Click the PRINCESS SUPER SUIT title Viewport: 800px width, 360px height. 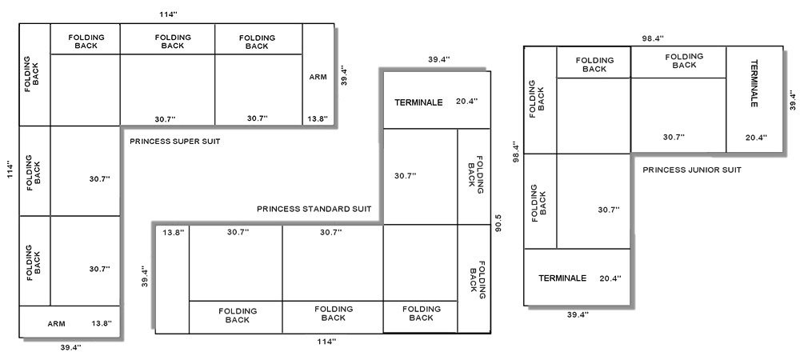175,142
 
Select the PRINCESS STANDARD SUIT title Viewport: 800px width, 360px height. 314,209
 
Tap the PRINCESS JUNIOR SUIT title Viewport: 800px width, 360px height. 692,170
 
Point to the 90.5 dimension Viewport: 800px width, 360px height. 498,223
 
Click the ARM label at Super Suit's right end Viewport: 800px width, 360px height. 318,77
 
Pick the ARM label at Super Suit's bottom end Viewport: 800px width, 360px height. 56,323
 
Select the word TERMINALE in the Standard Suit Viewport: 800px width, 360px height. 418,102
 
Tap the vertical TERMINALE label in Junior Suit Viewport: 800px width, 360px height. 754,83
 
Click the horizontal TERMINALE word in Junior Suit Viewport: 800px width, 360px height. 562,278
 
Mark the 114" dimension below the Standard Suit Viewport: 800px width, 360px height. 326,341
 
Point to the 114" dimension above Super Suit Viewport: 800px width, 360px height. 168,14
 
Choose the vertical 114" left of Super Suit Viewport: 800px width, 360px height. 10,170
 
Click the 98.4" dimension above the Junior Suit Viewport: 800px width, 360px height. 653,38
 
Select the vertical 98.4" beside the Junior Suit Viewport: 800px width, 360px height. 515,151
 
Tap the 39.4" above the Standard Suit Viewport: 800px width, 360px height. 438,59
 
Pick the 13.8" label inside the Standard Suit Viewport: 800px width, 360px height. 174,232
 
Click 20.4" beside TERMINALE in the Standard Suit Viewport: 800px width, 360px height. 467,101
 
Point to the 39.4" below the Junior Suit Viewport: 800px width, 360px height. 578,314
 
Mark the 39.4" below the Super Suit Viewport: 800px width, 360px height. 71,347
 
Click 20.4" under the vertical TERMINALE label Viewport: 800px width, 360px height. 756,137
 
